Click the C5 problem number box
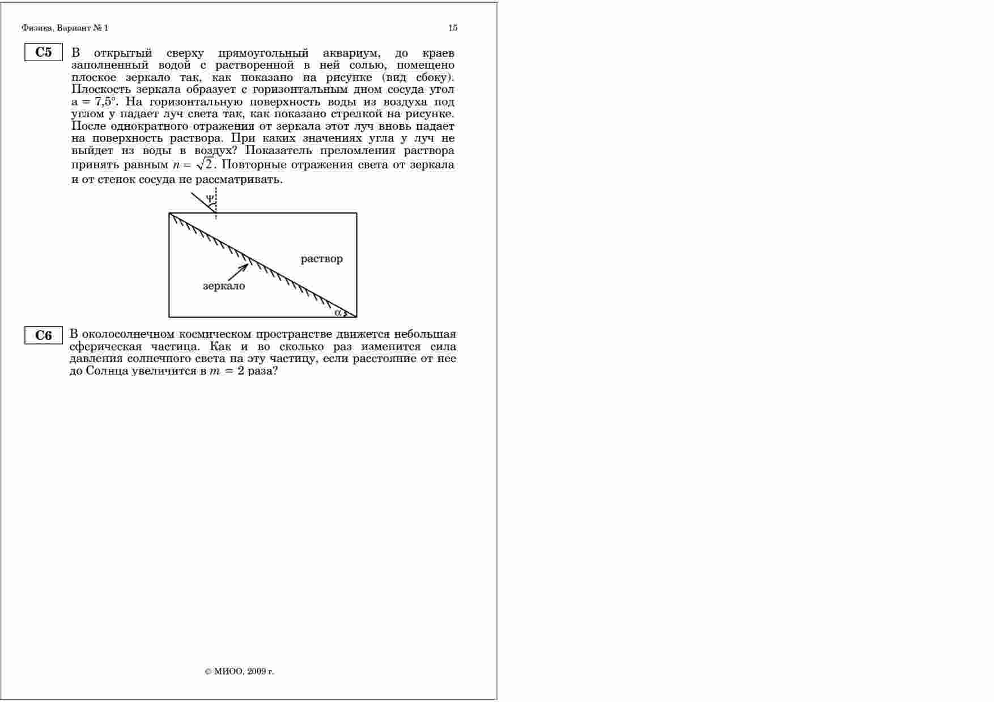point(43,52)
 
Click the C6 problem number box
point(43,335)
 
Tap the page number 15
point(453,28)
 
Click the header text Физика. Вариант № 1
point(65,28)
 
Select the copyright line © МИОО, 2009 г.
point(240,671)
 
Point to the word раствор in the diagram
point(321,259)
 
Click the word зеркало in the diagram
point(224,286)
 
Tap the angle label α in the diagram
point(338,312)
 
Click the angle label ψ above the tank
point(210,199)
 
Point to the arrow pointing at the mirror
point(237,273)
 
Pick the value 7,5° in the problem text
point(105,102)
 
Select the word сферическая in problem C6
point(105,347)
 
